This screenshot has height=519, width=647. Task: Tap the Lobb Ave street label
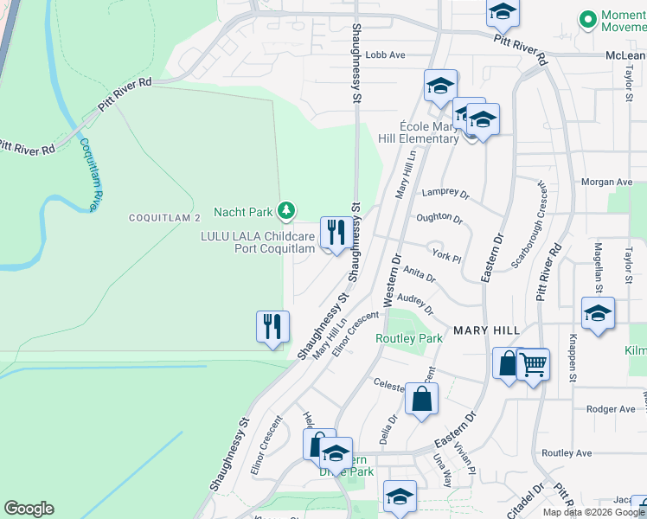(x=385, y=55)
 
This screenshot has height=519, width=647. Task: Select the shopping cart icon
(x=534, y=364)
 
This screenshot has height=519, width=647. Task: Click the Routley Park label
(x=408, y=338)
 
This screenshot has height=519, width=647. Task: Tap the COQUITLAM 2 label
(x=164, y=217)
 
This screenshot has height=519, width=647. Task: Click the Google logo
(x=29, y=509)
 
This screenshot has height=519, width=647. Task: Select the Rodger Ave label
(x=610, y=409)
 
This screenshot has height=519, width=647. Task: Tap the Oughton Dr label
(x=439, y=220)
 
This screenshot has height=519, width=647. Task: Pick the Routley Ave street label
(x=566, y=453)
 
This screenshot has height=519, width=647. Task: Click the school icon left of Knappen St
(x=598, y=314)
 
